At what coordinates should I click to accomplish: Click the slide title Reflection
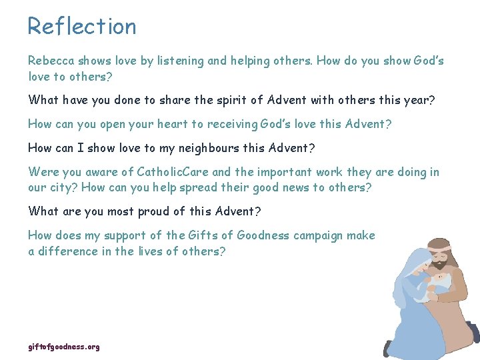pos(82,27)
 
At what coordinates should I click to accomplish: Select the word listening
pos(181,61)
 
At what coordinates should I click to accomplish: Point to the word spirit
pos(227,100)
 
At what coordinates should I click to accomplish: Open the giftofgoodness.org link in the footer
pos(64,347)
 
